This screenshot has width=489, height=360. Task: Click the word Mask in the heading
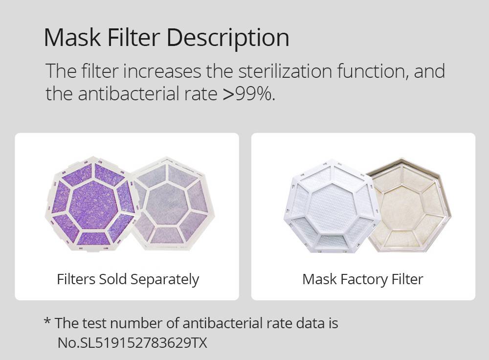73,37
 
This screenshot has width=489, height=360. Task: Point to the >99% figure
249,93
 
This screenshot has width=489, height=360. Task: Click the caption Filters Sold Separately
128,279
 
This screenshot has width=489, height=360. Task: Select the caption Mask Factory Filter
362,279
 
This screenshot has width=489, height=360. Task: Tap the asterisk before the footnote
47,322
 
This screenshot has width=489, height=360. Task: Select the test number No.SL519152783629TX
133,343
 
